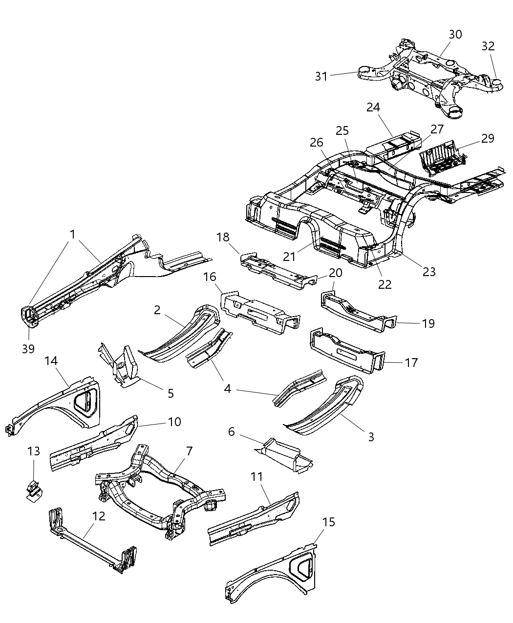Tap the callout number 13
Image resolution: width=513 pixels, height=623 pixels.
point(33,451)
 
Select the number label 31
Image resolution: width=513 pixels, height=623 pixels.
point(321,76)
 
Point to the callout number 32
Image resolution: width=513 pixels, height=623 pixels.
point(488,46)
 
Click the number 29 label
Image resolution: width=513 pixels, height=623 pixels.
point(487,138)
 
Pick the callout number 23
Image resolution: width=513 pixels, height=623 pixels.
point(428,271)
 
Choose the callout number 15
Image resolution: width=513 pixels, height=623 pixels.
point(329,522)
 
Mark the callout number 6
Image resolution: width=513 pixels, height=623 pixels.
point(232,431)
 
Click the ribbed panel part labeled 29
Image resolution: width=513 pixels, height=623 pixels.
point(440,159)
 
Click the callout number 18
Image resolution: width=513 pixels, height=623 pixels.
point(223,237)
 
